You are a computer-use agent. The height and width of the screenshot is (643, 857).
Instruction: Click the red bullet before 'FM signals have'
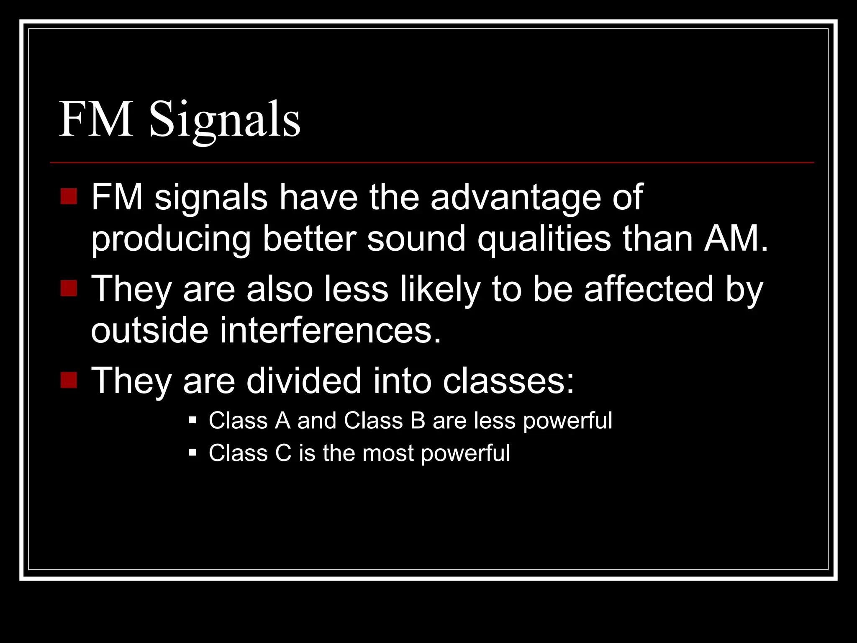(x=69, y=196)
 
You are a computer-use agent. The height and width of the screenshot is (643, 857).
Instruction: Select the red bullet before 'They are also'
(x=69, y=288)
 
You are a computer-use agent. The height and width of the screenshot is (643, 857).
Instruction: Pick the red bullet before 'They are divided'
(x=69, y=380)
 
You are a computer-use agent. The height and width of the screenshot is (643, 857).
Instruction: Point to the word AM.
(x=736, y=239)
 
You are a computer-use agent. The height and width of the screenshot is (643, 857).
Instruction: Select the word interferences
(x=330, y=331)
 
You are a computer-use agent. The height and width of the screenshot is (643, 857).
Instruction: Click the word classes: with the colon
(x=508, y=381)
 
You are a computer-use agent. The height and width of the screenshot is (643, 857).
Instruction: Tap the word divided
(x=304, y=381)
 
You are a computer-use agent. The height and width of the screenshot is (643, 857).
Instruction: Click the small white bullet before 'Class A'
(x=192, y=420)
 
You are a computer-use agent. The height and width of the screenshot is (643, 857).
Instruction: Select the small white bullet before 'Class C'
(x=192, y=453)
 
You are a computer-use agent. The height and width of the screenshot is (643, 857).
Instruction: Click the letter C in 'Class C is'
(x=283, y=453)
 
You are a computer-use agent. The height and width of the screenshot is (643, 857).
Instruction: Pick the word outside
(x=149, y=331)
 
